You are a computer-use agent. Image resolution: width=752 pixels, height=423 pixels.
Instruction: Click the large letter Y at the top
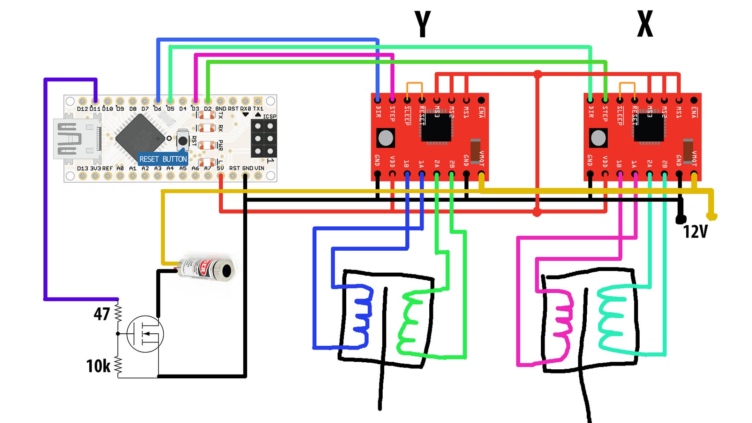click(x=423, y=24)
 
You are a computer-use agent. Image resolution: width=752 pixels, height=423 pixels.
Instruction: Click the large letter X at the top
click(x=645, y=24)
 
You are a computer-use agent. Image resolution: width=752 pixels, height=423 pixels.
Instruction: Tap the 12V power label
click(x=695, y=232)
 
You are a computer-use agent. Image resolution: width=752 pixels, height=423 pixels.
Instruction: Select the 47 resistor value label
click(x=102, y=314)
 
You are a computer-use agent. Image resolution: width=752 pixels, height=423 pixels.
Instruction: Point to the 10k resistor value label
click(x=98, y=366)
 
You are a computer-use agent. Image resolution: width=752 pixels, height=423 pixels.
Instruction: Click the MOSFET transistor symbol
click(x=145, y=334)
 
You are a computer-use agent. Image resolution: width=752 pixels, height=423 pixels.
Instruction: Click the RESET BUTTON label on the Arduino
click(x=163, y=159)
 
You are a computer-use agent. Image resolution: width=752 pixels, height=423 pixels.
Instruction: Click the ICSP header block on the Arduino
click(x=264, y=138)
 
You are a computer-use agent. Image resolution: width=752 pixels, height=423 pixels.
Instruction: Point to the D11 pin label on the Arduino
click(x=95, y=109)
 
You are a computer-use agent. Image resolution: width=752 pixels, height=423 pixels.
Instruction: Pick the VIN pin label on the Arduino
click(x=259, y=168)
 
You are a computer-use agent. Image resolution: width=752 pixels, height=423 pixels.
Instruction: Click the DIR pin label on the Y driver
click(x=378, y=112)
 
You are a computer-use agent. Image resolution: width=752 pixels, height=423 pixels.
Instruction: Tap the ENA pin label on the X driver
click(x=694, y=112)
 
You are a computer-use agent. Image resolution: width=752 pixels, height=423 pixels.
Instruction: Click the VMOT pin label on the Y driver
click(x=481, y=158)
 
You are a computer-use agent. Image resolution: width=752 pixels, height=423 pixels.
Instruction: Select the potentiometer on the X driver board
click(x=598, y=138)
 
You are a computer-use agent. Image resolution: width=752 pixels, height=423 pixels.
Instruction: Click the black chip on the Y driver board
click(x=436, y=128)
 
